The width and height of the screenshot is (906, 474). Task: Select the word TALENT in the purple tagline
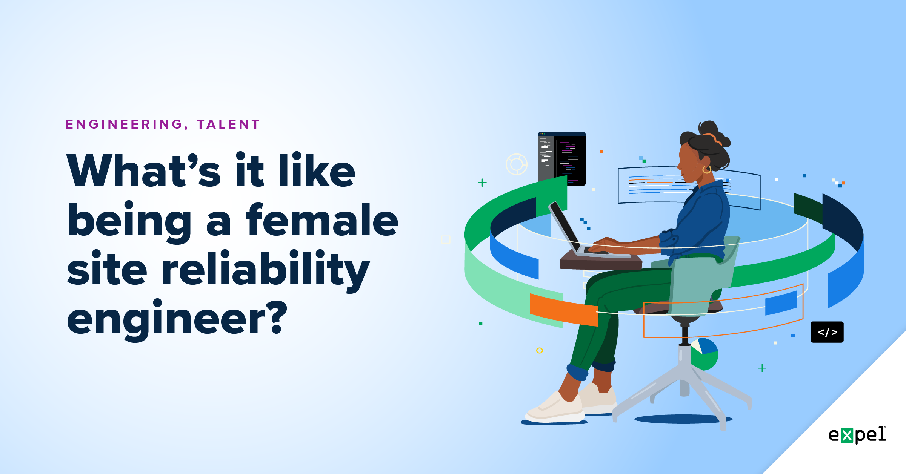(x=228, y=124)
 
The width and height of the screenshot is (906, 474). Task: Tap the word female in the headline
(x=322, y=221)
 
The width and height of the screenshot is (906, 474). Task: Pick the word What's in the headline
(x=143, y=172)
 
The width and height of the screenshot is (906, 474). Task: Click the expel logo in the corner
(x=857, y=435)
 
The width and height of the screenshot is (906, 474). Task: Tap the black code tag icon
(x=827, y=332)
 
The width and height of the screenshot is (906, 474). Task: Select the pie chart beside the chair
(x=704, y=354)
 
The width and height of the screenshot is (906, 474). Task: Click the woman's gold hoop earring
(x=706, y=169)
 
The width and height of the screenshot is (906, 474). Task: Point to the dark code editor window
(x=561, y=159)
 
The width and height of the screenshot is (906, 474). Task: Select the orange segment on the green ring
(x=563, y=310)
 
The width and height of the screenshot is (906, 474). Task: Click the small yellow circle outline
(x=540, y=351)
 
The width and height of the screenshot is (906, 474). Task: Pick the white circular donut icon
(x=516, y=164)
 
